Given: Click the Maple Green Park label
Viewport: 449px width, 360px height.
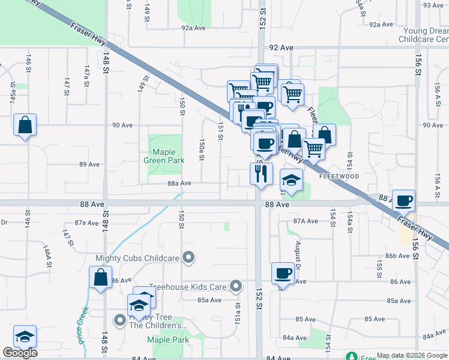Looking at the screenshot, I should (x=163, y=156).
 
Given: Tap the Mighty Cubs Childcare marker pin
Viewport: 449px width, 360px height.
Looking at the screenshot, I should (x=189, y=258).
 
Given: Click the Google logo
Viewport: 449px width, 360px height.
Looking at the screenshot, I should (x=20, y=353).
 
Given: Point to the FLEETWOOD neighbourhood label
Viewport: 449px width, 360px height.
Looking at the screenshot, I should (x=339, y=176).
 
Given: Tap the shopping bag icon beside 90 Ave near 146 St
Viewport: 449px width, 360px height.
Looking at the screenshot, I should (x=25, y=125).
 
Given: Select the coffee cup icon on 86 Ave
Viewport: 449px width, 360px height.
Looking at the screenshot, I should (x=283, y=273).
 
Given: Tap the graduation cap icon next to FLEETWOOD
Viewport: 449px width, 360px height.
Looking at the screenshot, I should (x=291, y=181).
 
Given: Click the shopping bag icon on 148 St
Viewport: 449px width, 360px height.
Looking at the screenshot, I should (x=100, y=278).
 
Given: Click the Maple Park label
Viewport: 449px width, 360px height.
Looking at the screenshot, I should (x=167, y=340).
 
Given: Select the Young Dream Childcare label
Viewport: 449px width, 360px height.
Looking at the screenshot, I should (x=423, y=35).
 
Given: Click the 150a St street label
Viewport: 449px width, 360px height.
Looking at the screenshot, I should (x=202, y=151).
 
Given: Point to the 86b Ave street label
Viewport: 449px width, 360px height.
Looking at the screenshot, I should (x=397, y=256).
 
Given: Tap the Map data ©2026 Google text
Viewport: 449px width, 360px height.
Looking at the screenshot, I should (x=411, y=355).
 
